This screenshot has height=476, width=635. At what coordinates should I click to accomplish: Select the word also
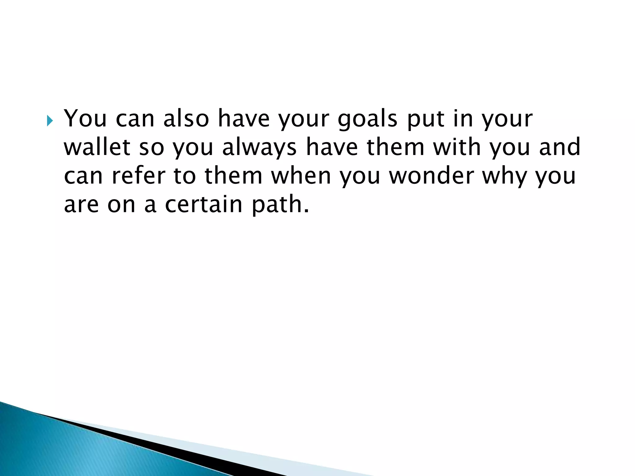(186, 118)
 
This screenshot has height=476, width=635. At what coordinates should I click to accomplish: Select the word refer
(138, 176)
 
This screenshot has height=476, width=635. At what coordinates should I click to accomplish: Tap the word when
(301, 176)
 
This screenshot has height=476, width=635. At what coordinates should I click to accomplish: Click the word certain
(203, 205)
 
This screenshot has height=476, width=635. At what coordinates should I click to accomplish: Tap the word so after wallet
(151, 148)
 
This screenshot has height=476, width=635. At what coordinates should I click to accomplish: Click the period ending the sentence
(307, 211)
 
